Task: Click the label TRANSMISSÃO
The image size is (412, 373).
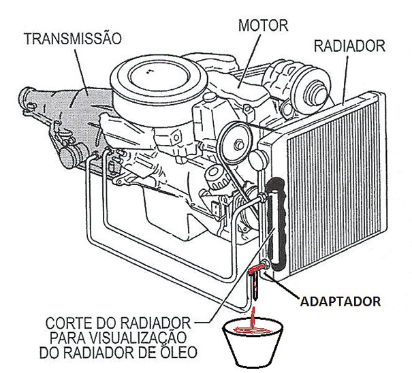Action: pos(73,38)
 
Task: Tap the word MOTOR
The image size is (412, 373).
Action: pos(263,26)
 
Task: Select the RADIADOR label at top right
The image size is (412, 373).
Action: pos(349,46)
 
